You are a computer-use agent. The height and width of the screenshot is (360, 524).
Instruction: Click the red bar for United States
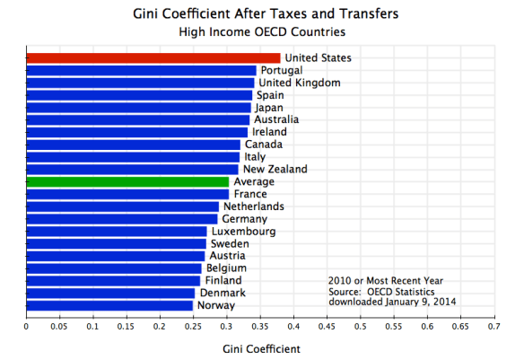[x=153, y=58]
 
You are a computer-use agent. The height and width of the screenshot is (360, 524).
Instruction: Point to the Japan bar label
[x=268, y=108]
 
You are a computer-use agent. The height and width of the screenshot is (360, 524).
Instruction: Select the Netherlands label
[x=253, y=206]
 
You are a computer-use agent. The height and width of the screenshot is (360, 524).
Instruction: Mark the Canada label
[x=263, y=145]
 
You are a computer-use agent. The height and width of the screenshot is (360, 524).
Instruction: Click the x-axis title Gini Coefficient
[x=259, y=347]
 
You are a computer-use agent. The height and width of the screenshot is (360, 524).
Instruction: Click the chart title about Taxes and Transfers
[x=259, y=13]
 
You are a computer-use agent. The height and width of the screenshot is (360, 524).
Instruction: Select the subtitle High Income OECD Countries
[x=259, y=31]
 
